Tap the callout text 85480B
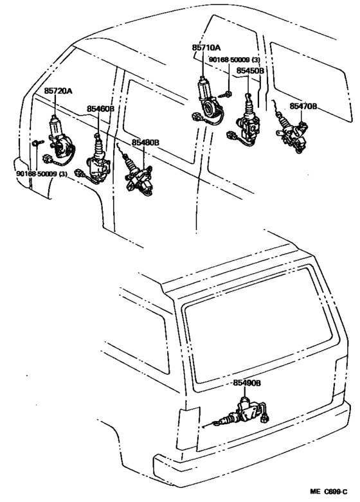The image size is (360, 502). point(145,141)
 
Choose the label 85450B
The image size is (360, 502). point(250,71)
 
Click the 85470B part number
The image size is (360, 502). point(303,105)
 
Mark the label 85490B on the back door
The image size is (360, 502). point(247,382)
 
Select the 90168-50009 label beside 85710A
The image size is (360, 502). point(234,59)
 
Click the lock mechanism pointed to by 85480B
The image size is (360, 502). point(139,177)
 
